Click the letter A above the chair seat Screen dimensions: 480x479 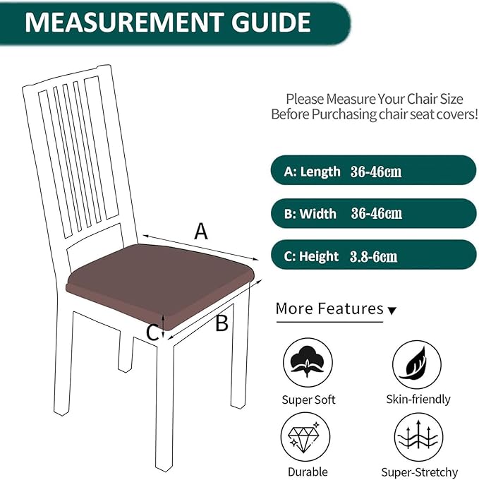click(x=201, y=231)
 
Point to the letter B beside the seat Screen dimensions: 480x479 click(x=222, y=323)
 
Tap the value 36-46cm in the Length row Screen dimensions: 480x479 click(x=376, y=172)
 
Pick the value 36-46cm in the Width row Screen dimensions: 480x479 click(x=377, y=213)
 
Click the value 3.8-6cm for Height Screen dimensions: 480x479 click(x=373, y=256)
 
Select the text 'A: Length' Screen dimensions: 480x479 click(x=312, y=172)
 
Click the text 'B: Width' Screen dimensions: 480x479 click(x=310, y=213)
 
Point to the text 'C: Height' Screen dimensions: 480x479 click(x=311, y=256)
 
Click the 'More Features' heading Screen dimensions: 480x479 click(x=329, y=308)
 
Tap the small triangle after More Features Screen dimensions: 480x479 click(x=393, y=311)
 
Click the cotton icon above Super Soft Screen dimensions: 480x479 click(x=308, y=363)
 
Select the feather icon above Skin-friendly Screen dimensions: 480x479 click(x=418, y=363)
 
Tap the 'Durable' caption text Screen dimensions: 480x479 click(x=308, y=471)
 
